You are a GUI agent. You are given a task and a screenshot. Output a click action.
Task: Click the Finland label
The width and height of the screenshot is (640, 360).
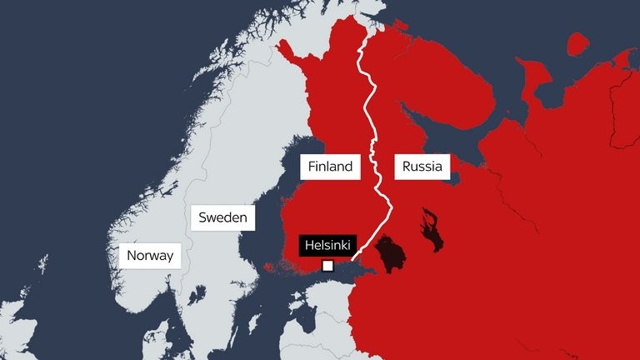tap(331, 167)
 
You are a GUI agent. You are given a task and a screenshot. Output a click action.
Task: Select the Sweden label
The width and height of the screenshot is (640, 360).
tap(222, 219)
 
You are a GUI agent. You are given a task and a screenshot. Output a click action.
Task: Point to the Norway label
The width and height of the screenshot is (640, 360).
tap(151, 255)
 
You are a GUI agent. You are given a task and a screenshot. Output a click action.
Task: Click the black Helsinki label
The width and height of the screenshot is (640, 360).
tap(327, 246)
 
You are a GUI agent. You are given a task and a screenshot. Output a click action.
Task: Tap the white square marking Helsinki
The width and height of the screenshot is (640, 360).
tap(327, 266)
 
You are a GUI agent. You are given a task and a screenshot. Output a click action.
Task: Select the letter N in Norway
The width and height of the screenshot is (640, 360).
tap(132, 255)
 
